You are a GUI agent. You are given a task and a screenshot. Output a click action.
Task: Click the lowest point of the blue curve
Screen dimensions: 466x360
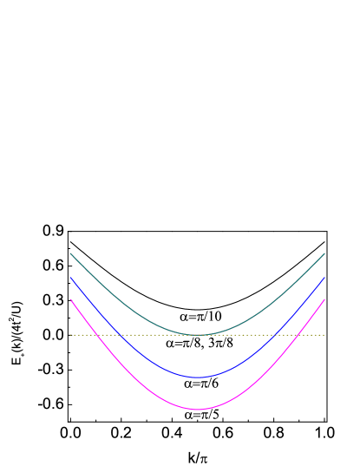pyautogui.click(x=198, y=377)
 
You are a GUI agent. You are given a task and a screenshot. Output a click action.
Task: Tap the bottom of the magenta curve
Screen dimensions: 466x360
pyautogui.click(x=198, y=409)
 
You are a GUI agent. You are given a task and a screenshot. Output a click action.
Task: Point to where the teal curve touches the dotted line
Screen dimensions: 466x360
pyautogui.click(x=198, y=334)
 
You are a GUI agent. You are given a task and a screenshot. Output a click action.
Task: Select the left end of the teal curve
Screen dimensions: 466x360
pyautogui.click(x=70, y=253)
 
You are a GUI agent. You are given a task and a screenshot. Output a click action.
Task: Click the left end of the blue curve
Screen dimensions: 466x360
pyautogui.click(x=70, y=278)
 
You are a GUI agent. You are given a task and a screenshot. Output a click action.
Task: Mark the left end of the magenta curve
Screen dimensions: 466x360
pyautogui.click(x=70, y=299)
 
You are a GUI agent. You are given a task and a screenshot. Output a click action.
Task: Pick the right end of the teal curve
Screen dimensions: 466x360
pyautogui.click(x=324, y=253)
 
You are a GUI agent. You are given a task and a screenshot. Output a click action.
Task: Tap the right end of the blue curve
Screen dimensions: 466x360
pyautogui.click(x=324, y=278)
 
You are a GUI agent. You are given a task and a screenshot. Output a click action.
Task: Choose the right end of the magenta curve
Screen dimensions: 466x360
pyautogui.click(x=324, y=299)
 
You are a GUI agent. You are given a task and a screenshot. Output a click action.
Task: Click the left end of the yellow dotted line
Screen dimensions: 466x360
pyautogui.click(x=71, y=334)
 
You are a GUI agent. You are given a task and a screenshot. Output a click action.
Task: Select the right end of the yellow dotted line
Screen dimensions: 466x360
pyautogui.click(x=324, y=334)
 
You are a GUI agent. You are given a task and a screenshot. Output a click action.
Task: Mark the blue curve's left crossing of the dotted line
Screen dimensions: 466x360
pyautogui.click(x=119, y=334)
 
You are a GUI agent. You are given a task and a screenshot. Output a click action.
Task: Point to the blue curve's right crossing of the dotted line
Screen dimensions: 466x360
pyautogui.click(x=277, y=334)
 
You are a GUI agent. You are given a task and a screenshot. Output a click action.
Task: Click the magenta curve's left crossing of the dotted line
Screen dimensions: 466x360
pyautogui.click(x=98, y=334)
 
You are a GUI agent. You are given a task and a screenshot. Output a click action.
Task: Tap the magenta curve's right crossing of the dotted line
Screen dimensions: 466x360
pyautogui.click(x=298, y=334)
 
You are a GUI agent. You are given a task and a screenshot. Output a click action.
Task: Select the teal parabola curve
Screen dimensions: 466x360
pyautogui.click(x=130, y=305)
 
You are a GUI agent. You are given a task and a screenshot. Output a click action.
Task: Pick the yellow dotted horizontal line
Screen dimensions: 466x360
pyautogui.click(x=226, y=334)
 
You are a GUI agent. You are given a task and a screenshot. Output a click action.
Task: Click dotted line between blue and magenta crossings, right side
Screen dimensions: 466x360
pyautogui.click(x=287, y=334)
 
